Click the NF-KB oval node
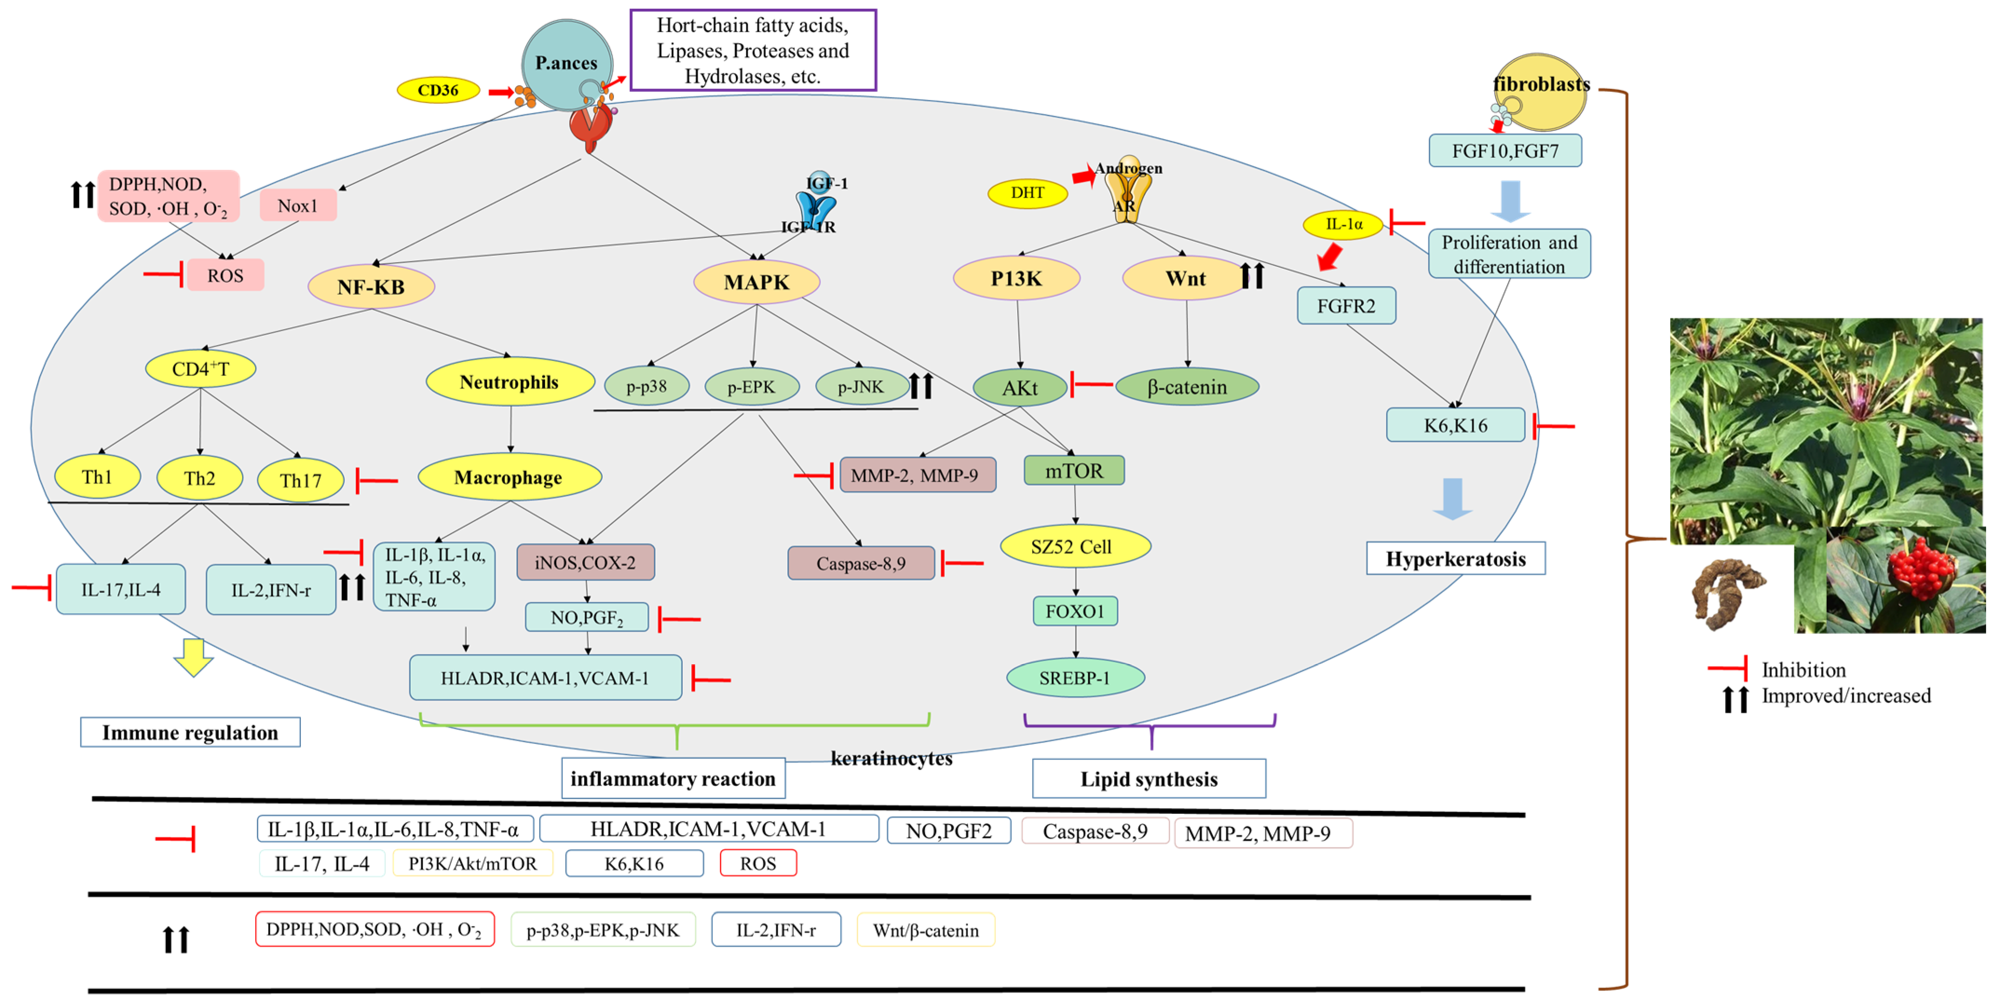coord(371,287)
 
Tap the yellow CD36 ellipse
coord(438,90)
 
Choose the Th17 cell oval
coord(300,480)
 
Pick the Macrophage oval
coord(508,477)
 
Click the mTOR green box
coord(1074,470)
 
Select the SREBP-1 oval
coord(1075,678)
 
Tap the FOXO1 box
coord(1075,611)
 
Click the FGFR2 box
coord(1346,306)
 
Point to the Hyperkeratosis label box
coord(1456,559)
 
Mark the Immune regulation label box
coord(190,732)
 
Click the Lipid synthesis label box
coord(1149,778)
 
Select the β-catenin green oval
coord(1187,387)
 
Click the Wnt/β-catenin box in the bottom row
coord(925,930)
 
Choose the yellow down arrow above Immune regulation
coord(193,657)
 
